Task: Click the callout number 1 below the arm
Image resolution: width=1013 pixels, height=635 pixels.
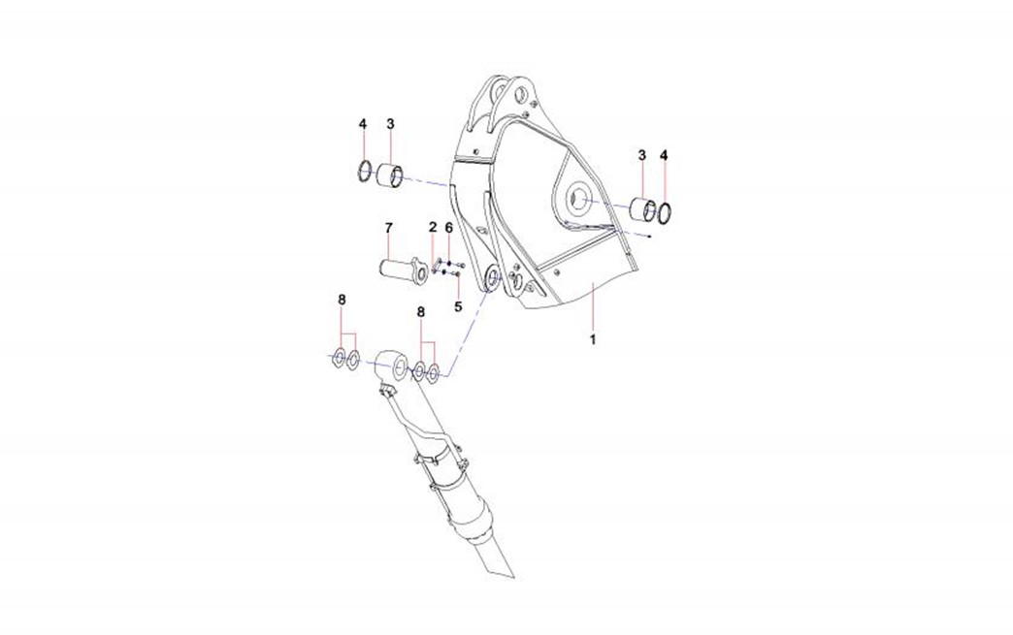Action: [x=593, y=338]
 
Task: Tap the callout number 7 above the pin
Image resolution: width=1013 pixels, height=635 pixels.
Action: [x=388, y=228]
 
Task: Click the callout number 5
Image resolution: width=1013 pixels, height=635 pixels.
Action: [x=458, y=306]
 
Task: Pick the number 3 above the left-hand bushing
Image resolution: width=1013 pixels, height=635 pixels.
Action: [x=390, y=123]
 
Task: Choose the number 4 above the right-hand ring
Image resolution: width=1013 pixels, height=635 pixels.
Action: [x=664, y=155]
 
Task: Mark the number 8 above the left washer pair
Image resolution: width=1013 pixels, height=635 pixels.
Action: [x=342, y=300]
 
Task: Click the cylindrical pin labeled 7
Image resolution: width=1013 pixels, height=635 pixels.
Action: [x=402, y=270]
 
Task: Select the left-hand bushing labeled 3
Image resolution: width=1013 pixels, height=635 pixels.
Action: [x=389, y=176]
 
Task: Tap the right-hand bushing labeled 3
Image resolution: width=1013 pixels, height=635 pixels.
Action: [x=643, y=209]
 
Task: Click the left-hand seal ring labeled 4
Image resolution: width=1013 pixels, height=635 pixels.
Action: [x=365, y=172]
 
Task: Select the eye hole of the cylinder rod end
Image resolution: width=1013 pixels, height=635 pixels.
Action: [x=400, y=367]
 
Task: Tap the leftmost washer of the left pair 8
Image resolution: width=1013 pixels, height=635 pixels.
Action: [x=338, y=359]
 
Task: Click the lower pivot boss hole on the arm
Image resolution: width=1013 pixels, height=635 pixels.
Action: [x=492, y=279]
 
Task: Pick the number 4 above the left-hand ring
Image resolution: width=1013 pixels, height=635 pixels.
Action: [x=363, y=123]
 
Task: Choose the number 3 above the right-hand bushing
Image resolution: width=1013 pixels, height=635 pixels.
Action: [x=641, y=155]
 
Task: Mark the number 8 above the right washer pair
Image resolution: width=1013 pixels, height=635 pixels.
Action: [x=420, y=312]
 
